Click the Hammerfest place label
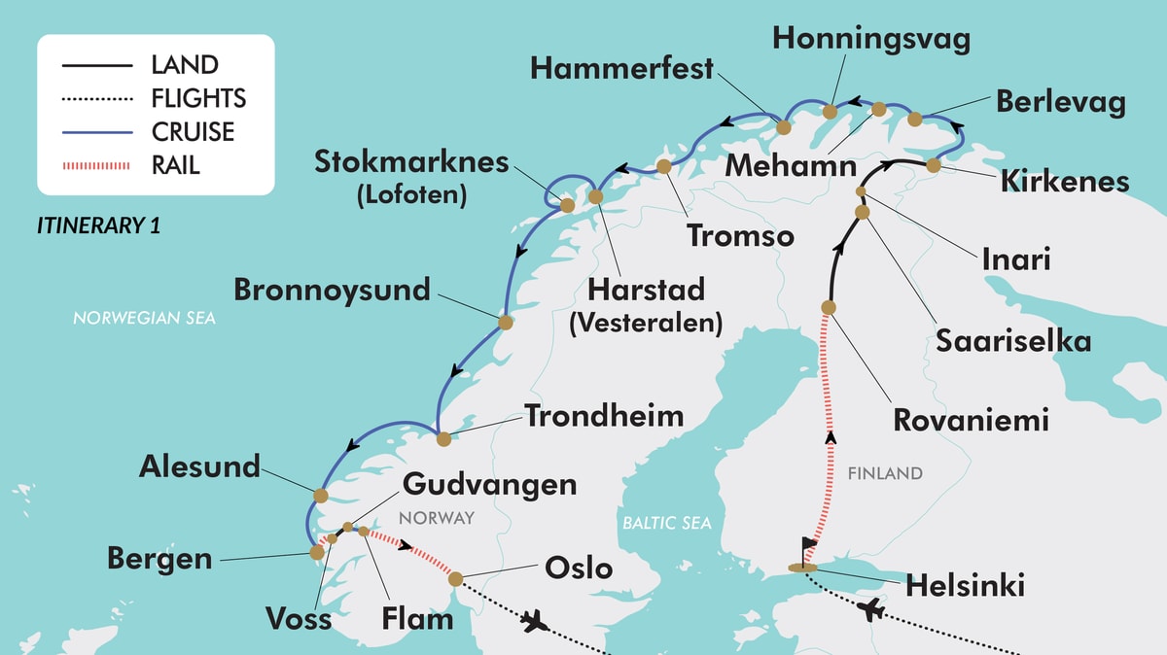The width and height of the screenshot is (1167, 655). (622, 69)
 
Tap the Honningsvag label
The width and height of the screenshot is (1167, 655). (871, 38)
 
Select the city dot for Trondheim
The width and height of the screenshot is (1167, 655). (444, 439)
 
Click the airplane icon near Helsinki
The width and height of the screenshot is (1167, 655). (872, 611)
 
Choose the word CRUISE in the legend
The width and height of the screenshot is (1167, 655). (193, 131)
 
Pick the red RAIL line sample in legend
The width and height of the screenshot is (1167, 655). (95, 165)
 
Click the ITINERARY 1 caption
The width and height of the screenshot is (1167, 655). (98, 225)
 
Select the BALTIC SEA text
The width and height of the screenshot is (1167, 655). (667, 523)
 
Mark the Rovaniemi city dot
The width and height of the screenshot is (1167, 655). (829, 307)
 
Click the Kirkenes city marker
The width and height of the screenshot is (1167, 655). (934, 165)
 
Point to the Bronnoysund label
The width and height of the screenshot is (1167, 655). (332, 290)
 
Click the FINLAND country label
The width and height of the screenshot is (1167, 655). (884, 474)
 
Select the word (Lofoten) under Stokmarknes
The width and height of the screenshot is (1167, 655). (411, 194)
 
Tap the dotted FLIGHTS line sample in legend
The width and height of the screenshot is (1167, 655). (95, 98)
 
